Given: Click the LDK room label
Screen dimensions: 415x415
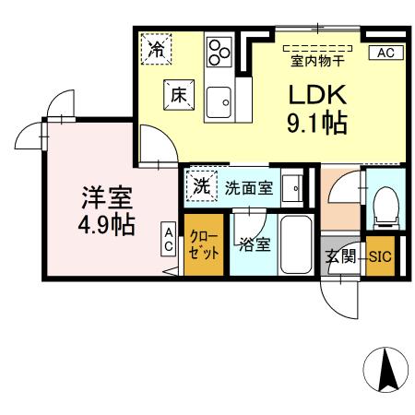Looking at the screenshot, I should [x=318, y=94].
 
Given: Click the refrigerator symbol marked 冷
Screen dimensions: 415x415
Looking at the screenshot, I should [x=158, y=49].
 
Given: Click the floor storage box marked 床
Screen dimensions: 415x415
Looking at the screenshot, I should [x=178, y=94].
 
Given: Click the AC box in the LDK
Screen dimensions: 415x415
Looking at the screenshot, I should [x=385, y=53].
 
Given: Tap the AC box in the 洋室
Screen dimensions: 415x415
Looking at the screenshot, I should [x=169, y=241].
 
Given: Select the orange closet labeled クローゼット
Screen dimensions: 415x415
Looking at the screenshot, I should [x=203, y=246].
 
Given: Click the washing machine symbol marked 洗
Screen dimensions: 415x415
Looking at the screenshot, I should [x=200, y=184].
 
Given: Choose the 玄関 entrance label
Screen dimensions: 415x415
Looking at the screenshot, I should [x=339, y=257].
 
